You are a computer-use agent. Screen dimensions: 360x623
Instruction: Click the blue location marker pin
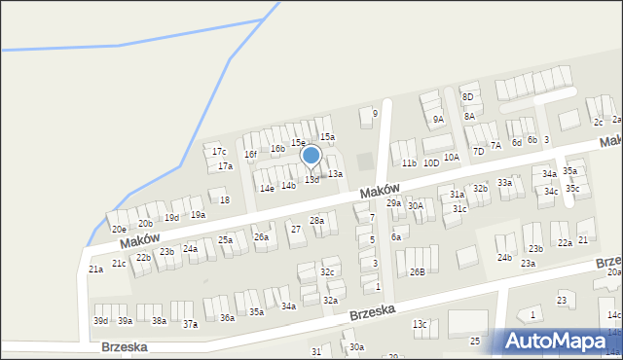[311, 156]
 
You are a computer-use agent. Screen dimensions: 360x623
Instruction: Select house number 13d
[311, 180]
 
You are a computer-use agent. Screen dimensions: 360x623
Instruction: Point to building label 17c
[219, 152]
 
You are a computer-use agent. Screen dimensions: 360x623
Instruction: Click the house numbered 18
[225, 200]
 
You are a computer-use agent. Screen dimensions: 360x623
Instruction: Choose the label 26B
[417, 271]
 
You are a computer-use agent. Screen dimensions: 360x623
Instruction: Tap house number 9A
[438, 119]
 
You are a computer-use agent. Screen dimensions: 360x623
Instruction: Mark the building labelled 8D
[467, 96]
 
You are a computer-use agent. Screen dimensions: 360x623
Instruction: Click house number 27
[296, 229]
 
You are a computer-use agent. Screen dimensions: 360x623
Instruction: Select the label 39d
[100, 320]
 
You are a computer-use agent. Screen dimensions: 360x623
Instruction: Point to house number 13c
[419, 323]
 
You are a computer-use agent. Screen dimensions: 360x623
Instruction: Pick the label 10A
[451, 157]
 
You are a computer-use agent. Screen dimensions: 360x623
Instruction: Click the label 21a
[95, 269]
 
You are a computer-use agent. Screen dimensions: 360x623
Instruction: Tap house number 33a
[504, 182]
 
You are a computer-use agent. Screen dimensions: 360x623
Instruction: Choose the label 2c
[598, 122]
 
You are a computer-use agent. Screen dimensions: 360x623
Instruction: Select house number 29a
[393, 202]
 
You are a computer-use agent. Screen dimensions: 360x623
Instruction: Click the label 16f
[250, 154]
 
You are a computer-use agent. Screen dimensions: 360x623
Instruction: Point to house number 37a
[190, 324]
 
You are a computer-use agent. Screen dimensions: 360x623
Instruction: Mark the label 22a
[565, 242]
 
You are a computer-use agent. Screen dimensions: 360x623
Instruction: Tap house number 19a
[198, 214]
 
